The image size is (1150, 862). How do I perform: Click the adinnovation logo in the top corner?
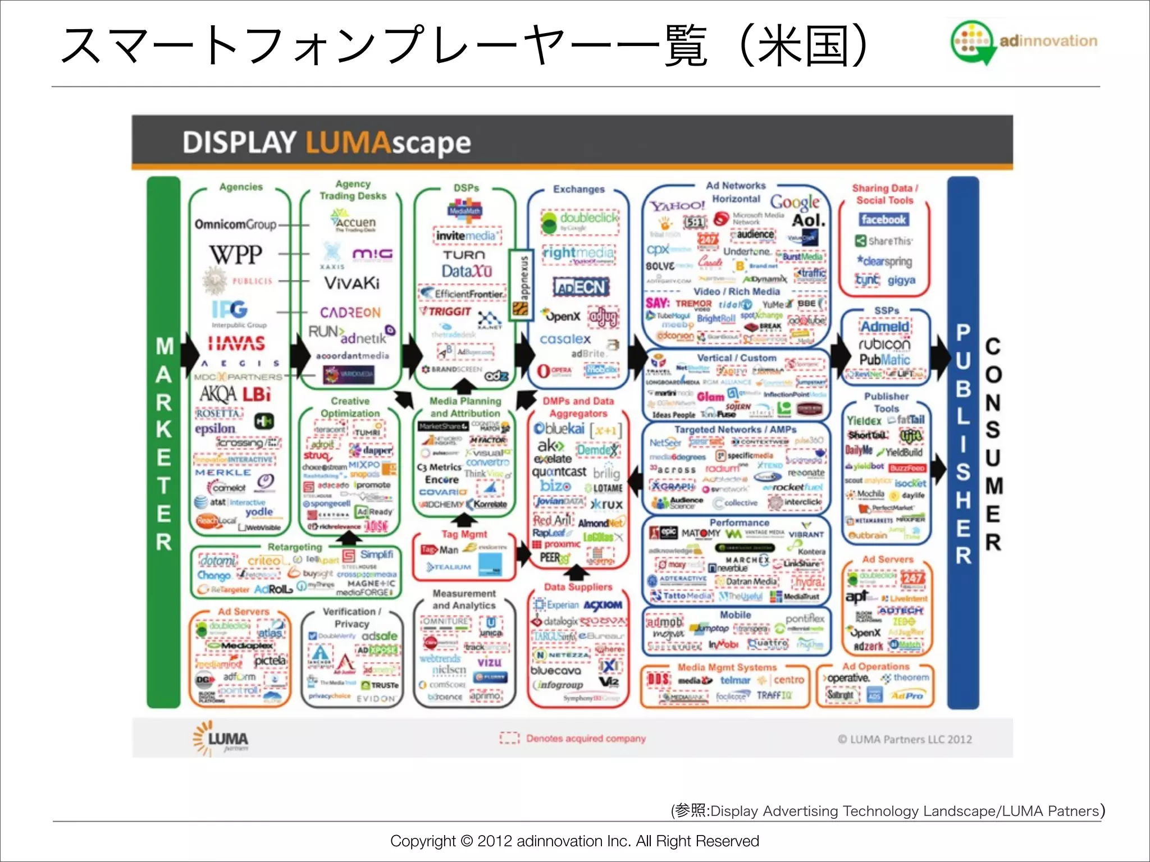point(1024,42)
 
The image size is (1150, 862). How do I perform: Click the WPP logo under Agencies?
point(236,254)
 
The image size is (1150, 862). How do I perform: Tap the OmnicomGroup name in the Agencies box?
point(235,224)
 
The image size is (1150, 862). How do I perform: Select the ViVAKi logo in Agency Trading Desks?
point(352,283)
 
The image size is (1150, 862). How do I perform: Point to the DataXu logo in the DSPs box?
point(466,272)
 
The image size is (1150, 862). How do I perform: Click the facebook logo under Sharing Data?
point(883,219)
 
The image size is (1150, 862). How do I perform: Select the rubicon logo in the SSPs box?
point(884,343)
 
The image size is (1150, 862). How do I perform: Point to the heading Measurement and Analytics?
point(464,599)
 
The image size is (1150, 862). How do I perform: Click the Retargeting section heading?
point(295,547)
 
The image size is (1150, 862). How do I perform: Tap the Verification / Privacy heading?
point(352,617)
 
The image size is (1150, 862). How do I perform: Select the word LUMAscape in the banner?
point(388,143)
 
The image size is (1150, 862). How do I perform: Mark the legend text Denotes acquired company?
point(586,739)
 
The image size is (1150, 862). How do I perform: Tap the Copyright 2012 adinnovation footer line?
point(574,841)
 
